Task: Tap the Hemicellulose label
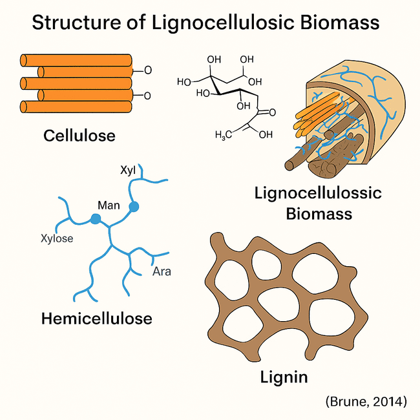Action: (96, 319)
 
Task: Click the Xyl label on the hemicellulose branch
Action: (129, 171)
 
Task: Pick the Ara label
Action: (162, 271)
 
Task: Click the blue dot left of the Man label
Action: (96, 219)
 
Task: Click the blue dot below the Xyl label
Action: (134, 207)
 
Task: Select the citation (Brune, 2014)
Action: (366, 402)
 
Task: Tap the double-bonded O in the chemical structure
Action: (270, 112)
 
